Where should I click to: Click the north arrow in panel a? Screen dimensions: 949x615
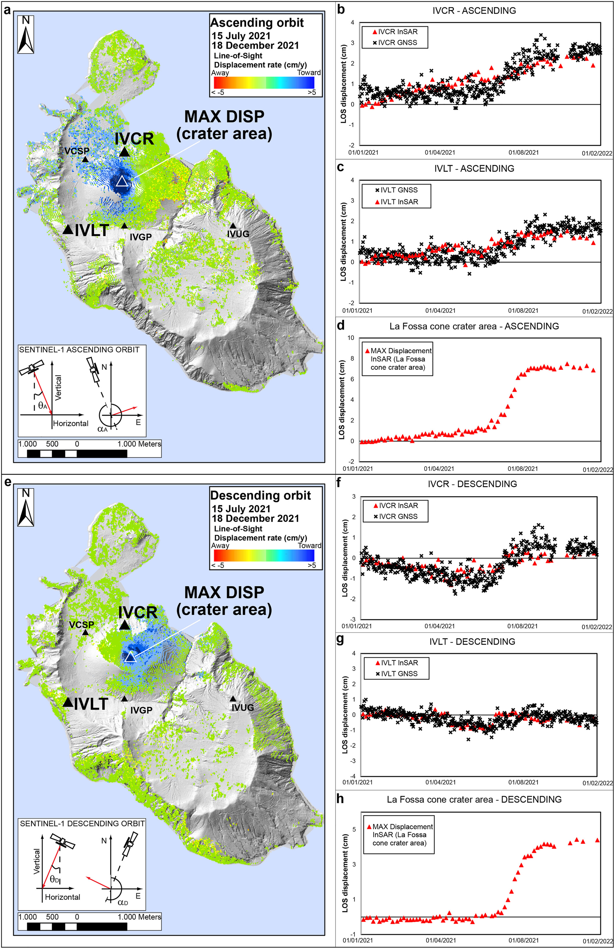click(25, 34)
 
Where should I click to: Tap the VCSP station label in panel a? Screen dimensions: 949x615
click(77, 151)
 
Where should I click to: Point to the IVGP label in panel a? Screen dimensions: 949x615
click(141, 237)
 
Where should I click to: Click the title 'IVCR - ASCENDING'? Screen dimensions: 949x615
click(474, 11)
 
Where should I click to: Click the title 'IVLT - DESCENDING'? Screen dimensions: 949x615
click(472, 642)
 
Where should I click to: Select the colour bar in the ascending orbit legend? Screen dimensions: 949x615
click(264, 82)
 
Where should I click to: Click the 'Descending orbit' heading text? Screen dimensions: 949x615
click(260, 496)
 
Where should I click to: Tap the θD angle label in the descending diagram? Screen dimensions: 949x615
click(55, 879)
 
